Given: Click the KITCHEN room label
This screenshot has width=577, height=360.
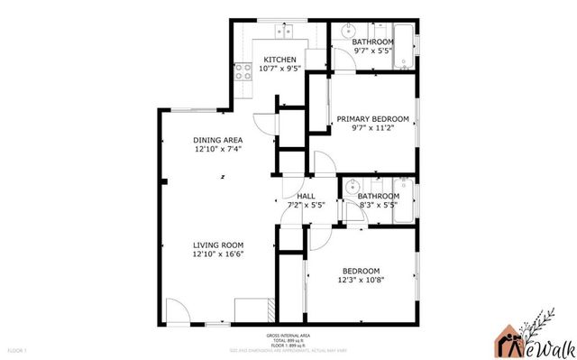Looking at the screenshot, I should [279, 60].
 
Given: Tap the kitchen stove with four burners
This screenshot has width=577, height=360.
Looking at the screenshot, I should [242, 71].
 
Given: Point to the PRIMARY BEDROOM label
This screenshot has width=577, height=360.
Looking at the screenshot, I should [372, 119].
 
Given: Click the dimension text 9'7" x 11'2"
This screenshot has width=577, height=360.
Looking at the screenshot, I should [372, 129].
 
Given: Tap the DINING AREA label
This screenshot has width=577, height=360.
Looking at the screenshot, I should [218, 140].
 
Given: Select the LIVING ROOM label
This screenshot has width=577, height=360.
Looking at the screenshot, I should [218, 245].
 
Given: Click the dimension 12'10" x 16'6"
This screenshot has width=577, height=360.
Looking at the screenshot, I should [218, 254].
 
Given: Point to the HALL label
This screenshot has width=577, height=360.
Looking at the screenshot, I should [305, 196].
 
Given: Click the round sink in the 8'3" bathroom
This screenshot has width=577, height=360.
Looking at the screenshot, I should [350, 189].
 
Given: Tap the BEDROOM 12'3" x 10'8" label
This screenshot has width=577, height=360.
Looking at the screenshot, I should [360, 271].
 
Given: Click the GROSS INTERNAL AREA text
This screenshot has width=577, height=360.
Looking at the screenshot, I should [288, 333].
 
